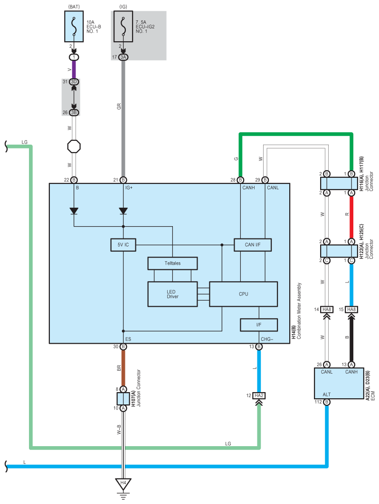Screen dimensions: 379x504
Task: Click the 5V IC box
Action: (123, 245)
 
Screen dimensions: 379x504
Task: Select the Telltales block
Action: (172, 263)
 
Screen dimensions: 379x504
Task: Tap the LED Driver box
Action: (172, 294)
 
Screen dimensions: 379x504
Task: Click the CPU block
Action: (244, 294)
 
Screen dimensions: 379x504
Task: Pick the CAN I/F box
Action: (253, 245)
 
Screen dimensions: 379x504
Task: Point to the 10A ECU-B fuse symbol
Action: (74, 27)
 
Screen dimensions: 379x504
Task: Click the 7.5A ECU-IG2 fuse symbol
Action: (123, 27)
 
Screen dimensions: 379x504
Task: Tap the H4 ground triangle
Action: (123, 484)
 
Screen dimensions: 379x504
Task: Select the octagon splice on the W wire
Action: (74, 147)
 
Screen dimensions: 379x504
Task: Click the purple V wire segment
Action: (74, 69)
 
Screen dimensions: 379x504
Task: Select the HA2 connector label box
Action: (259, 396)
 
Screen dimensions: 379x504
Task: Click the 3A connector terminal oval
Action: (123, 57)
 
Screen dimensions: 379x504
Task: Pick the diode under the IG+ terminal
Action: (123, 211)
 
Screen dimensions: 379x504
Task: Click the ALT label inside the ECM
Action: (326, 394)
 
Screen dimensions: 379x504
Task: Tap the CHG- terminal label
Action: (267, 339)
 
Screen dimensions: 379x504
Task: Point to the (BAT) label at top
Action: (74, 7)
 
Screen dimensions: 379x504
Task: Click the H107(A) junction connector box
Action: (123, 399)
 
